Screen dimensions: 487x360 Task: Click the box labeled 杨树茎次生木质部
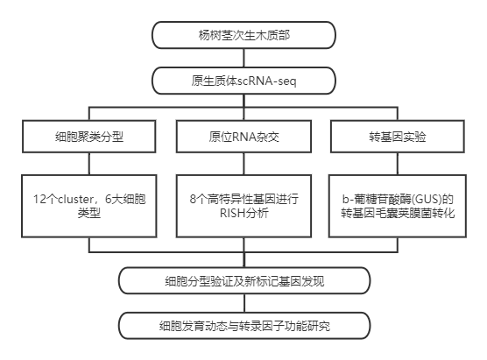click(x=243, y=35)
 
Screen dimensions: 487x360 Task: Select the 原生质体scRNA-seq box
click(x=243, y=81)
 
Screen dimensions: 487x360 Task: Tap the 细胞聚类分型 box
click(x=89, y=137)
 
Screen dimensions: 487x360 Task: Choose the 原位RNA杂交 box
click(x=243, y=137)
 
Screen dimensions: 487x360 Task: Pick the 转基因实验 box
click(x=398, y=137)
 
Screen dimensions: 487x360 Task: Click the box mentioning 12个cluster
click(x=89, y=206)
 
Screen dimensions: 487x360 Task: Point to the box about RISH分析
click(x=243, y=206)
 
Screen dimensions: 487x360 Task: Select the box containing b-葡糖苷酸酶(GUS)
click(x=398, y=206)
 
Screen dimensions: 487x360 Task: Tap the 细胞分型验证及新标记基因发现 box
click(x=244, y=280)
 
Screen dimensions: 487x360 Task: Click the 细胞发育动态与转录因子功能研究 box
click(x=244, y=326)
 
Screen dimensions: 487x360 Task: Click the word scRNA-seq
click(x=267, y=81)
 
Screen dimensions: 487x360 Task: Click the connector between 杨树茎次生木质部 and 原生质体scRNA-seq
click(x=243, y=58)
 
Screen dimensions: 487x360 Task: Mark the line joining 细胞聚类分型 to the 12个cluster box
click(x=89, y=164)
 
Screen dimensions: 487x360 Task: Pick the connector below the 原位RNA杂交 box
click(x=243, y=164)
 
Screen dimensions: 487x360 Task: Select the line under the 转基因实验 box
click(x=398, y=164)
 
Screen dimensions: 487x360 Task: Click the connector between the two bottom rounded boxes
click(x=244, y=303)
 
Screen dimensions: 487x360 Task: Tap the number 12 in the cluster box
click(x=39, y=199)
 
